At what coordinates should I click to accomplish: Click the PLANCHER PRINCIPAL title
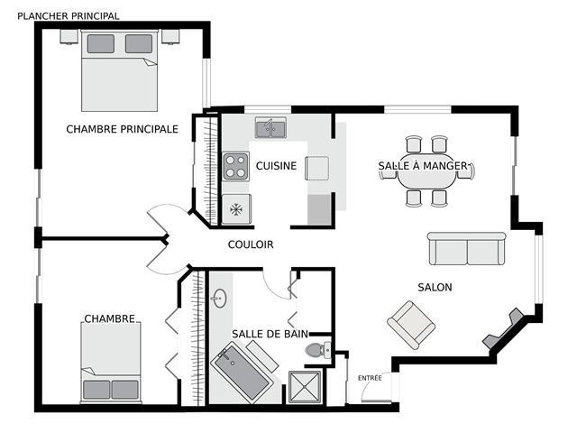(69, 16)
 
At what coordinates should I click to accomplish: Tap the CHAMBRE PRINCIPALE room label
(123, 129)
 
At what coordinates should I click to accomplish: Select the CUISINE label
(276, 166)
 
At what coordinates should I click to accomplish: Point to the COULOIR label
(251, 244)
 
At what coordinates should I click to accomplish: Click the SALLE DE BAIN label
(270, 334)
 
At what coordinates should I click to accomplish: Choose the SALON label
(435, 287)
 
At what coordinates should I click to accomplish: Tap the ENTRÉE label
(370, 378)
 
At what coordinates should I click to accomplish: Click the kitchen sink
(270, 128)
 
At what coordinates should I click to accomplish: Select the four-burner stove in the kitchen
(236, 166)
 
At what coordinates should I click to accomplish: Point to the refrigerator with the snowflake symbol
(236, 209)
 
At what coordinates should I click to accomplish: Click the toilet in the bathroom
(318, 350)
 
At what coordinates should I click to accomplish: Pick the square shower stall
(305, 387)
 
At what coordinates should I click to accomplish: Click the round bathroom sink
(220, 299)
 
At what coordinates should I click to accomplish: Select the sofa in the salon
(467, 249)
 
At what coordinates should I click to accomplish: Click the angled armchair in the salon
(411, 325)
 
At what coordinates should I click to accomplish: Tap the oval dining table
(426, 172)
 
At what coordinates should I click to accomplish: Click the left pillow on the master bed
(101, 44)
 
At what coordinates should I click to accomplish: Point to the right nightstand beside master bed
(170, 37)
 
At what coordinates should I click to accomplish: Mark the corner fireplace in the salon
(503, 328)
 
